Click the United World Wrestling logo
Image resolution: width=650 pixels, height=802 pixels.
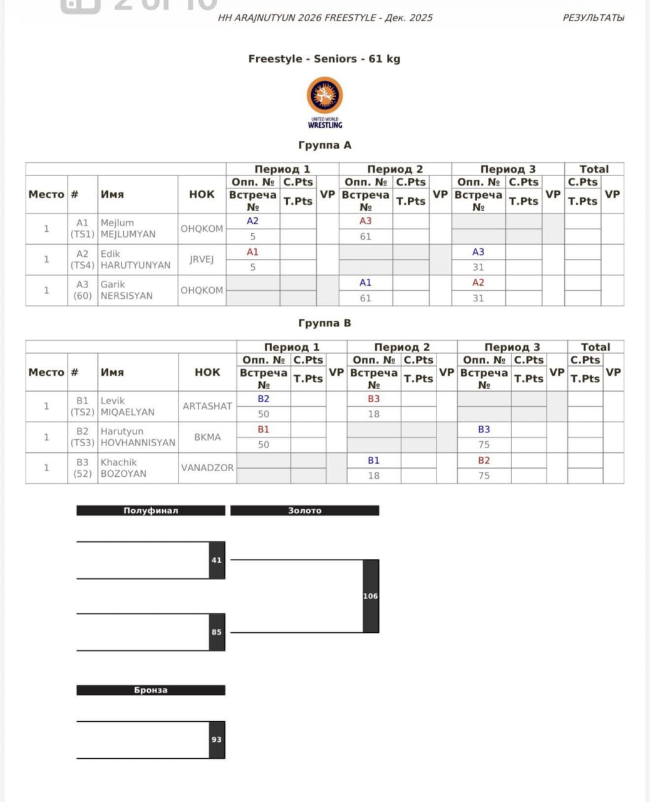pos(324,102)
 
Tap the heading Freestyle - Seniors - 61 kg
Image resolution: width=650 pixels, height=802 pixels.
pos(324,59)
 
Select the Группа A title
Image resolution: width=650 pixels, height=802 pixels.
pos(324,145)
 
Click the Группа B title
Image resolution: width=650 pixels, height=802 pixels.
pos(324,323)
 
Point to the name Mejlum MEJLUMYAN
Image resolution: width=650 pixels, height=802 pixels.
pos(128,229)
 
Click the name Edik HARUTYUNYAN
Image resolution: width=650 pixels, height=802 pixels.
pos(135,259)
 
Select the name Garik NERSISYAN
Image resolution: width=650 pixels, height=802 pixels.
pos(126,290)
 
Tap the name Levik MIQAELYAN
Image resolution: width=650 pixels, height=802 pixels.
pos(127,407)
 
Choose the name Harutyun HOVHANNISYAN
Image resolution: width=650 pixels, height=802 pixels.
pos(138,437)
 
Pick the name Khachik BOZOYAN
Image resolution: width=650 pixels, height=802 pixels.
pos(123,468)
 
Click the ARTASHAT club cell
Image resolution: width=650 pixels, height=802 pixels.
pos(207,407)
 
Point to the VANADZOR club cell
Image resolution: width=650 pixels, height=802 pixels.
pos(207,468)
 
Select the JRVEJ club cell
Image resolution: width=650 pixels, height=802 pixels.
pos(202,259)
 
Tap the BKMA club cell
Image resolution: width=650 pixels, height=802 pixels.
pos(207,437)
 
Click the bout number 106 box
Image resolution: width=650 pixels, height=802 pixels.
pos(371,596)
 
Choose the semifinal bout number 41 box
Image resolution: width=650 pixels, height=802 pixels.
pos(217,560)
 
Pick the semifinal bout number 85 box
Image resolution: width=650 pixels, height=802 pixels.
pos(217,632)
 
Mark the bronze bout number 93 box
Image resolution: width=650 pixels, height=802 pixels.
pos(217,740)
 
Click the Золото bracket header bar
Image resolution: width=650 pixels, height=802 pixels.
pos(304,511)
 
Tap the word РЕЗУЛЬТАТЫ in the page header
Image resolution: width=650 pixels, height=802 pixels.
pos(593,18)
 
